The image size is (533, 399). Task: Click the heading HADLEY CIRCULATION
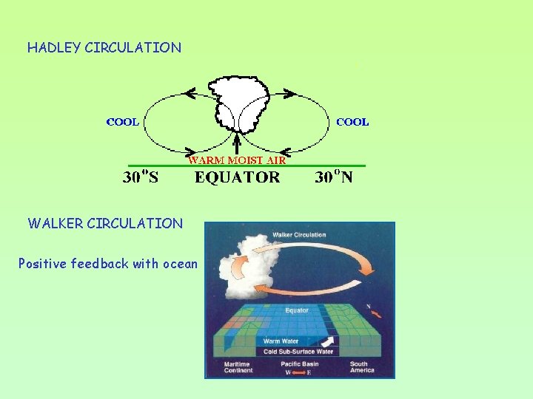[x=104, y=48]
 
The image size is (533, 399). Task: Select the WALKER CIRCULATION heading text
[x=105, y=223]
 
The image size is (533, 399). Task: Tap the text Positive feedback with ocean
[x=108, y=264]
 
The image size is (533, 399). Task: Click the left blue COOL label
[x=123, y=122]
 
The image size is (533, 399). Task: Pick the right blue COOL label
[x=352, y=122]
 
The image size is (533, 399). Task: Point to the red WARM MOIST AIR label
[x=237, y=159]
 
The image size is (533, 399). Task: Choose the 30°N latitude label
[x=333, y=177]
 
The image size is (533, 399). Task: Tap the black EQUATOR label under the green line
[x=237, y=177]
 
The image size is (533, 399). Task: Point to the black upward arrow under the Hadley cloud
[x=237, y=142]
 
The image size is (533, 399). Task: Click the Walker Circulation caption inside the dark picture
[x=299, y=235]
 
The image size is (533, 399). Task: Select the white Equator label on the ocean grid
[x=297, y=310]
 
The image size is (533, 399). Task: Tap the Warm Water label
[x=281, y=341]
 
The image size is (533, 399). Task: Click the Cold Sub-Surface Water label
[x=299, y=352]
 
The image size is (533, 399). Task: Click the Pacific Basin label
[x=299, y=364]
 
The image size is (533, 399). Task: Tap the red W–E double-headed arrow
[x=299, y=372]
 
